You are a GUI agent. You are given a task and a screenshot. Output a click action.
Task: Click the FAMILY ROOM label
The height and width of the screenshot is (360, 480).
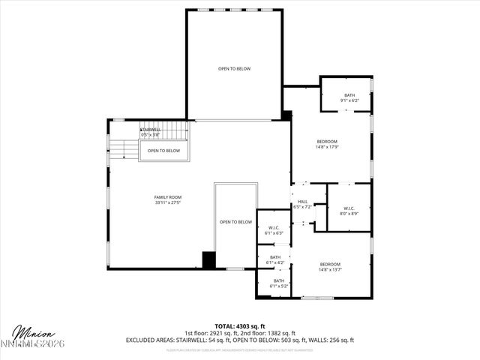[168, 197]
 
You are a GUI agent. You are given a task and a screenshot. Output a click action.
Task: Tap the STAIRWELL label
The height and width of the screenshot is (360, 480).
[150, 130]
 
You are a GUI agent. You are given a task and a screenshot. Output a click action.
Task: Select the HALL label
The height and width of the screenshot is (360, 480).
[303, 201]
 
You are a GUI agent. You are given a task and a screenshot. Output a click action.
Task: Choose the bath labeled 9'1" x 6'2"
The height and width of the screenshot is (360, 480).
[349, 100]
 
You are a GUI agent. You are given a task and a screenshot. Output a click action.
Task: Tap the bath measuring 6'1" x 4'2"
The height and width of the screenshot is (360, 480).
[275, 262]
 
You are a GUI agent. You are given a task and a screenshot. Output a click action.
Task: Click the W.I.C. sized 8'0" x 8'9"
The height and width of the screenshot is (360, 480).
[349, 214]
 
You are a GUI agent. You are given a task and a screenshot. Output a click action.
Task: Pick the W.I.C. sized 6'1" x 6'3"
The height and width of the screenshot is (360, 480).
[275, 233]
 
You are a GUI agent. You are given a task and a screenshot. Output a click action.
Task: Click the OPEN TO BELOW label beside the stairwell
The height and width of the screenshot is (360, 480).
[163, 151]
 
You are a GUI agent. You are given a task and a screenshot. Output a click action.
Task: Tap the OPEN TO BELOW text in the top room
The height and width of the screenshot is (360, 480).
[234, 69]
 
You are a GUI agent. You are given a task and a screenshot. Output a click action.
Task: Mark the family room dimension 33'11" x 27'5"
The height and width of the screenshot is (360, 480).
[168, 202]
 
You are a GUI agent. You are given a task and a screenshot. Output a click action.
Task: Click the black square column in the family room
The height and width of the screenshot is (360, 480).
[209, 259]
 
